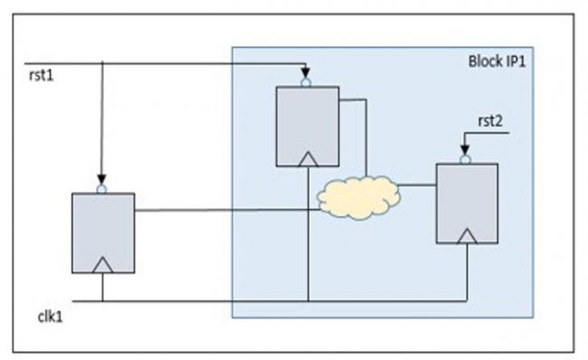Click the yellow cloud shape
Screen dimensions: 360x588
[360, 197]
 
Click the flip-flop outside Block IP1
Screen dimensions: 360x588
[103, 232]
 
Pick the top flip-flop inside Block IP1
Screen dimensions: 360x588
[308, 126]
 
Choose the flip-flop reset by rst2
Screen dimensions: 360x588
[467, 203]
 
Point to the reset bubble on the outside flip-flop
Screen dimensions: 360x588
[102, 188]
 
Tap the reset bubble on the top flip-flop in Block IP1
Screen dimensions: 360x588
[308, 81]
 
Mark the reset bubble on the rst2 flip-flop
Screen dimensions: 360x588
[466, 159]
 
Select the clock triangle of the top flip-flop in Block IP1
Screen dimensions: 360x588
[308, 159]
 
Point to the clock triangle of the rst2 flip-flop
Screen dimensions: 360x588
[467, 235]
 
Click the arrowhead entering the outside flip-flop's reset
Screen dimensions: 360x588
[102, 178]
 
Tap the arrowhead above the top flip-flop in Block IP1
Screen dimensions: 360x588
[308, 71]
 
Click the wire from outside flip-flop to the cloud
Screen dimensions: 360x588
[226, 211]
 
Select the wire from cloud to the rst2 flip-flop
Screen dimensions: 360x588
[418, 185]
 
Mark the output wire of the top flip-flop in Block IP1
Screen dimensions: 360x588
[365, 136]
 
